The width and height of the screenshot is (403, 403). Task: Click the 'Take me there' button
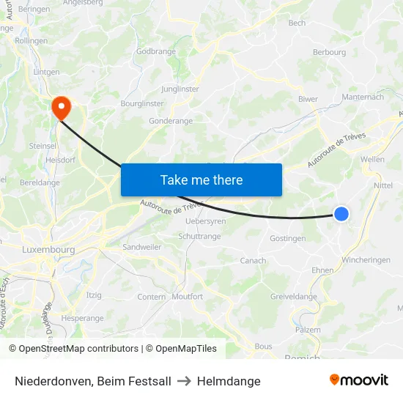pyautogui.click(x=202, y=180)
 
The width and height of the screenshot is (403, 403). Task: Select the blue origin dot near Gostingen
pyautogui.click(x=341, y=213)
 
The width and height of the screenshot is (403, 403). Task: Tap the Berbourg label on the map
pyautogui.click(x=329, y=53)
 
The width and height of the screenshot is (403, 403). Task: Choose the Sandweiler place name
pyautogui.click(x=142, y=248)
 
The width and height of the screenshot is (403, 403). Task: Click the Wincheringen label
pyautogui.click(x=366, y=260)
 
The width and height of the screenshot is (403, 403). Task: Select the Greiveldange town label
pyautogui.click(x=294, y=297)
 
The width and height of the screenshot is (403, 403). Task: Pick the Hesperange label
pyautogui.click(x=82, y=319)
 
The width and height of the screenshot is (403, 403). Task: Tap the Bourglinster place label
pyautogui.click(x=141, y=104)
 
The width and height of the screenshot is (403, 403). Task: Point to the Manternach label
pyautogui.click(x=363, y=97)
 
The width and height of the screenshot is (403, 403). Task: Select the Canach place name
pyautogui.click(x=253, y=261)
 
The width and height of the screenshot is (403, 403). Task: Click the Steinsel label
pyautogui.click(x=43, y=146)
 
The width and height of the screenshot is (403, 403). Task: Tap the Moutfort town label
pyautogui.click(x=187, y=297)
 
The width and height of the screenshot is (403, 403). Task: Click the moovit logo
pyautogui.click(x=359, y=380)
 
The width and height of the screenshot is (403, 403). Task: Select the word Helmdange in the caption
pyautogui.click(x=229, y=381)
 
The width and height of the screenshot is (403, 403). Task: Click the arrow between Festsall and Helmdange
pyautogui.click(x=184, y=381)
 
